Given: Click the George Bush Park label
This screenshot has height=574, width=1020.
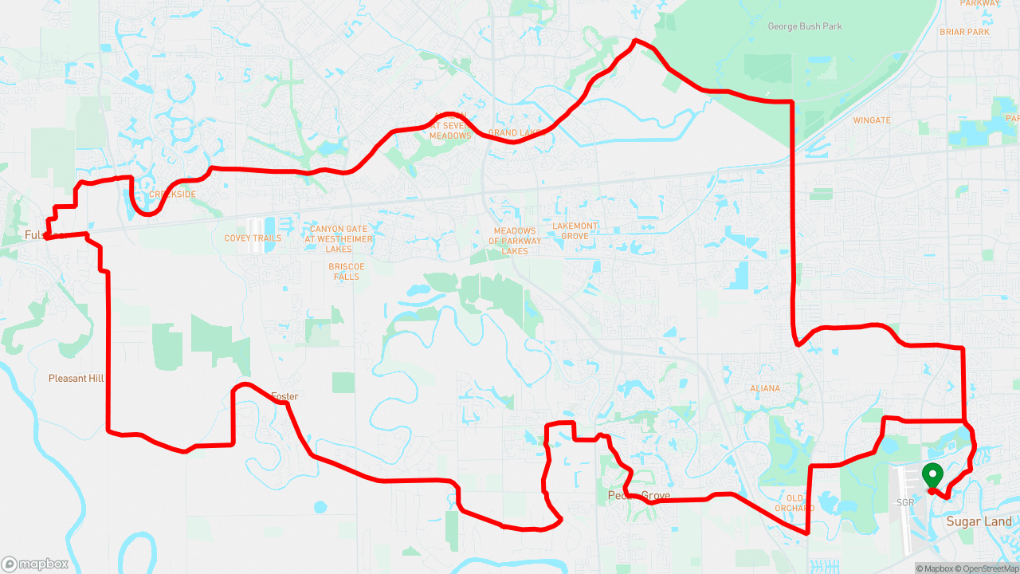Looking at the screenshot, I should coord(804,26).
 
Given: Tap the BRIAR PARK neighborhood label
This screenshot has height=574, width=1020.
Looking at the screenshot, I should coord(964,32).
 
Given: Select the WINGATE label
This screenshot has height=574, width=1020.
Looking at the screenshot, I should coord(871,120).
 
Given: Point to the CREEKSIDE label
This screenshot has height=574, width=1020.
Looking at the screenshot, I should coord(172,195).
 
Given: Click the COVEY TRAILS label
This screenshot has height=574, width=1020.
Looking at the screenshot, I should coord(253,238).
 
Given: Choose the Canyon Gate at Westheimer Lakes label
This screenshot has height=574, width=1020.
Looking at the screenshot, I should coord(339,239).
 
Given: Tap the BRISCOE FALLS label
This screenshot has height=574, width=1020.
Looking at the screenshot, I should coord(347,272).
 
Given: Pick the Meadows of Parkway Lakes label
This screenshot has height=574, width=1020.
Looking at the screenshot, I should coord(515,241).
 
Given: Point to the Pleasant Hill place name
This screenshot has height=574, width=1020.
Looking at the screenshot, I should coord(77,379).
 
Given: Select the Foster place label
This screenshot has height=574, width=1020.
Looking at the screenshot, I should coord(284,396).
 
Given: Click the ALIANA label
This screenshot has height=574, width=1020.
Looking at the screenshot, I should coord(765,388).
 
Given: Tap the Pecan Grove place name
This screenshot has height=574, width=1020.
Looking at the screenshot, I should coord(638,496).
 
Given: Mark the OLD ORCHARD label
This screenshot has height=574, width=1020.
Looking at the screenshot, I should coord(794,503).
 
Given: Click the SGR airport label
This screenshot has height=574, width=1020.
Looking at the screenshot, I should coord(904,503).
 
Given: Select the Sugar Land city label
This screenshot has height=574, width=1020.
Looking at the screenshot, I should coord(979,521).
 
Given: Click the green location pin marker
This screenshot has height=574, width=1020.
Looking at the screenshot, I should coord(932,476).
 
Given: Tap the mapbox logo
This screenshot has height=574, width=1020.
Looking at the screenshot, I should coord(35,564).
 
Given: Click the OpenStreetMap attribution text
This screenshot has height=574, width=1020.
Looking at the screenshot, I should coord(987,568).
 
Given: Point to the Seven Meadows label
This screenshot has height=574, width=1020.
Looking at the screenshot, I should coord(450,130).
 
